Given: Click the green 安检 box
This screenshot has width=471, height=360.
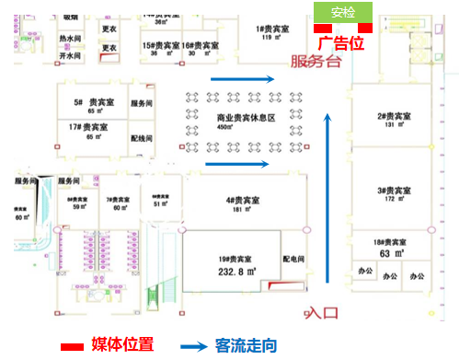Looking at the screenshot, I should [343, 13].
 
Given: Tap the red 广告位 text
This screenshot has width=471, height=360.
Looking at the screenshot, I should [341, 43].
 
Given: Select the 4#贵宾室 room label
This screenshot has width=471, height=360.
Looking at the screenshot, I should [243, 200].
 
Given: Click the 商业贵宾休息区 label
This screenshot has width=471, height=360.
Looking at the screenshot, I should [246, 119].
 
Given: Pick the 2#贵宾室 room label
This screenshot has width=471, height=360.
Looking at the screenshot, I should [393, 116].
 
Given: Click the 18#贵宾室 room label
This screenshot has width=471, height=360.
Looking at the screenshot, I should [393, 238].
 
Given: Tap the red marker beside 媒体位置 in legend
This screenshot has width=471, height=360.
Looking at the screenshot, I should [74, 346].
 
